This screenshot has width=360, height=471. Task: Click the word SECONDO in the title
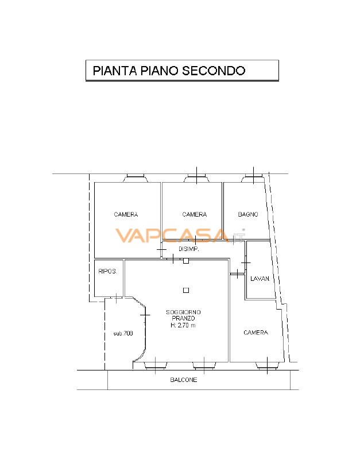214,71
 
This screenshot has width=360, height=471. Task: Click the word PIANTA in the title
114,71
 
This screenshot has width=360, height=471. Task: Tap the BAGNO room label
248,214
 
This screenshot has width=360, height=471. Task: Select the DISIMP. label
189,250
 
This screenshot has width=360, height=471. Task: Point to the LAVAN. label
260,279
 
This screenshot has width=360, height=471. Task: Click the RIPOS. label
107,272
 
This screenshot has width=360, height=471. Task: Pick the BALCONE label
183,380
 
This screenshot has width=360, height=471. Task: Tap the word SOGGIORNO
183,312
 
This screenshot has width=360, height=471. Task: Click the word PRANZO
183,318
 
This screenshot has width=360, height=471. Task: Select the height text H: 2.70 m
183,325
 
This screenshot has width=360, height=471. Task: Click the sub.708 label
123,333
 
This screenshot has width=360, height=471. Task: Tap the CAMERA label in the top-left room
126,215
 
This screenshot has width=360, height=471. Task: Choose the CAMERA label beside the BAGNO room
195,215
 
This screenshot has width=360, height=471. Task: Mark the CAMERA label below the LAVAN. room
256,333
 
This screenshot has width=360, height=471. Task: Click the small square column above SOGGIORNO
185,289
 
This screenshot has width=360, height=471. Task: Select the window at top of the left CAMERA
136,178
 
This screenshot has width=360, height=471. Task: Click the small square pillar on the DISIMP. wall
185,261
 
